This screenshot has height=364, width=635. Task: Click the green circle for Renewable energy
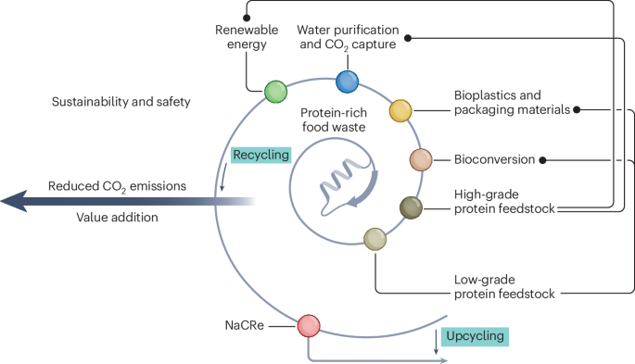[276, 92]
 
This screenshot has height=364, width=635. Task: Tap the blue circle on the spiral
[347, 82]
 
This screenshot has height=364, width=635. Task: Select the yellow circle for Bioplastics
[400, 110]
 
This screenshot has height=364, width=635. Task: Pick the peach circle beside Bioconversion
[421, 159]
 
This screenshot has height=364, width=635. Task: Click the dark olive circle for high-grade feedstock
[411, 207]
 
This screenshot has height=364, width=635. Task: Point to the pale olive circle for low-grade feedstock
[375, 239]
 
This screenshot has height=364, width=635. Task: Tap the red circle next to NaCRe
[309, 326]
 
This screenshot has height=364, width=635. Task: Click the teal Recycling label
[261, 155]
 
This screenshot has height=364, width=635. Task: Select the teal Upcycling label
[475, 336]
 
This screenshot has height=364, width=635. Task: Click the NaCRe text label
[244, 325]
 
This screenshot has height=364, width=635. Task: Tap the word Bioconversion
[494, 159]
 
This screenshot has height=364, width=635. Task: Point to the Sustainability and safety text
[121, 102]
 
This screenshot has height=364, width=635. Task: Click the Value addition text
[117, 217]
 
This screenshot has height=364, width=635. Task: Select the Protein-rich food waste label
[334, 119]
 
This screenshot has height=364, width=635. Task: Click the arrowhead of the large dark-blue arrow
[14, 201]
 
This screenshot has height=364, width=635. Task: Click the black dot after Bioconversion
[542, 160]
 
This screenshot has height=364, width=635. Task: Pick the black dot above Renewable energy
[247, 18]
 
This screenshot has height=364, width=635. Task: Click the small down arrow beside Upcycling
[436, 342]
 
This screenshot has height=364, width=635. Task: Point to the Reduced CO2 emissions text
[117, 186]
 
